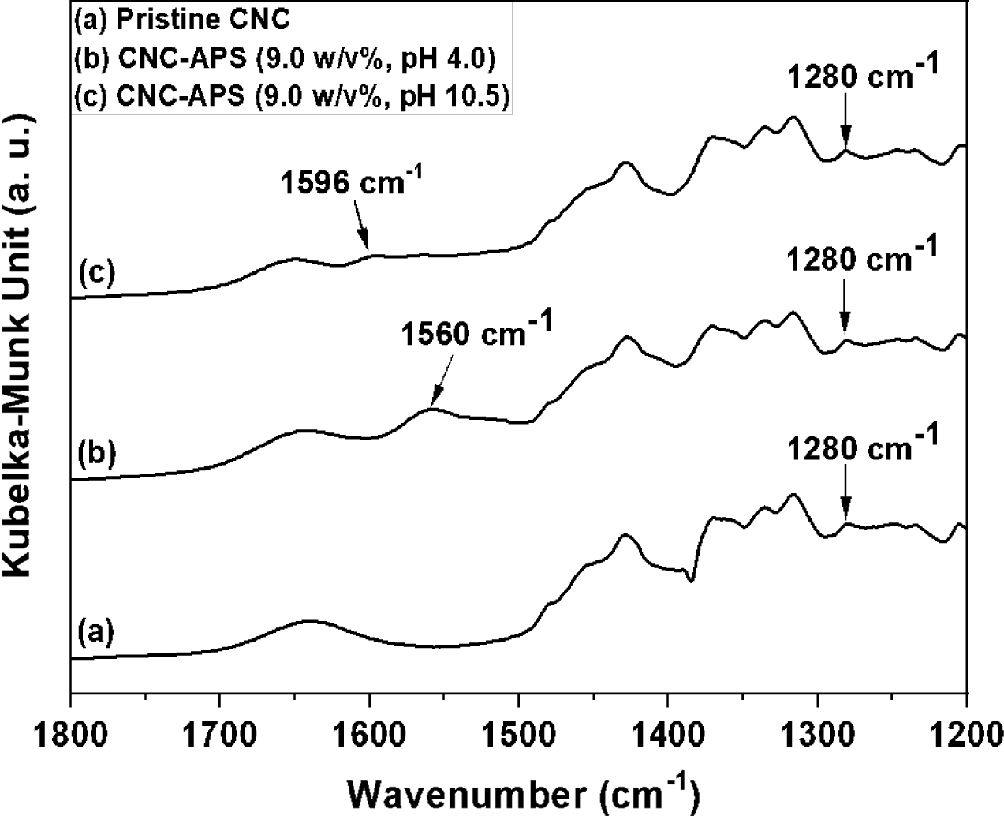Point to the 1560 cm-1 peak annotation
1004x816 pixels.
[x=473, y=335]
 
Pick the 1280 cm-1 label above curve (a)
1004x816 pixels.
[x=863, y=449]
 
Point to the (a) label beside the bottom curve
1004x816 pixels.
[x=97, y=631]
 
